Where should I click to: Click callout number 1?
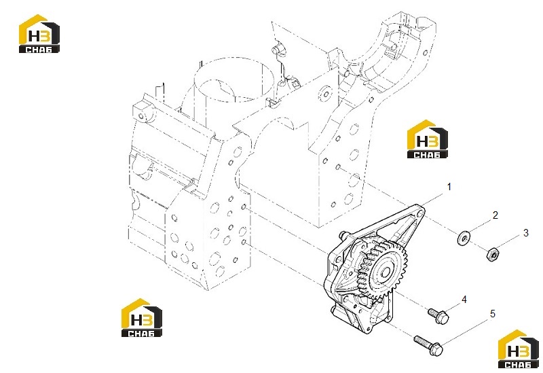(x=449, y=188)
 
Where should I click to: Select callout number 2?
(x=495, y=215)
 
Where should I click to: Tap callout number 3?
(x=525, y=233)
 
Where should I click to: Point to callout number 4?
(x=464, y=299)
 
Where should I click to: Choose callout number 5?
(x=493, y=314)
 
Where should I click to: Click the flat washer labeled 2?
(x=464, y=238)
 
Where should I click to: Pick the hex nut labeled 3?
(x=493, y=255)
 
